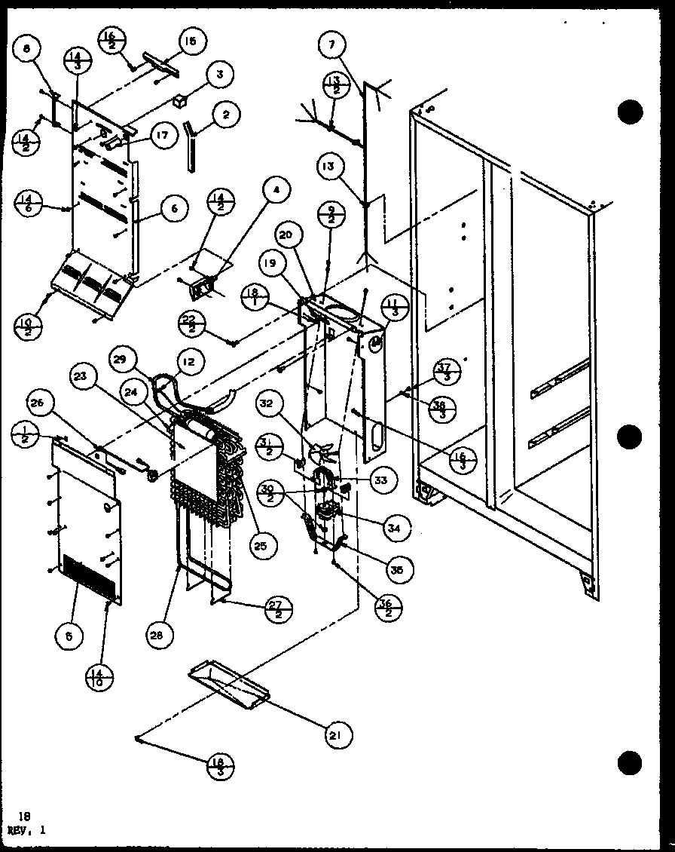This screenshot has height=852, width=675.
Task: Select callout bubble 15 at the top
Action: pos(190,41)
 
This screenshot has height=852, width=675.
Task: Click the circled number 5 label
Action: pos(69,636)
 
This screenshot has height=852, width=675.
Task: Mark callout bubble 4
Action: pos(276,191)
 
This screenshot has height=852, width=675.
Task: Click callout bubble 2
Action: pos(225,115)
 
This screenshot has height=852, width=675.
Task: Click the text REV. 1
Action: pos(26,829)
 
